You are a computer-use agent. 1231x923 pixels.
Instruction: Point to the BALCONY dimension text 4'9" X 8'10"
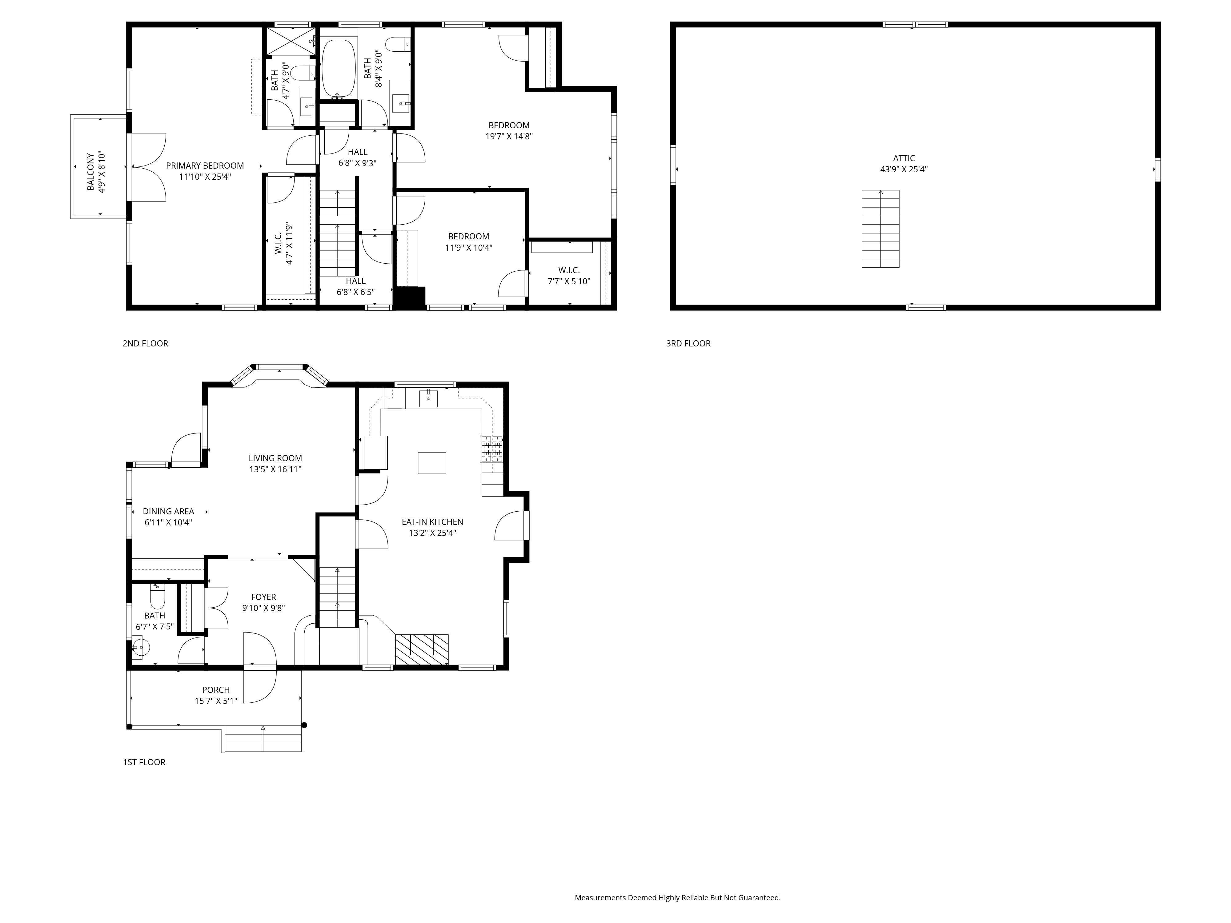coord(102,173)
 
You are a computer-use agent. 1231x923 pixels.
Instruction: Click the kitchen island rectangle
coord(432,463)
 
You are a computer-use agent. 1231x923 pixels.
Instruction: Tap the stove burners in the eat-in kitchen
coord(491,449)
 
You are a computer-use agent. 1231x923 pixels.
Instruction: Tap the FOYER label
coord(263,597)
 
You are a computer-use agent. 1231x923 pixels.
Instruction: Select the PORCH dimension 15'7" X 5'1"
coord(216,701)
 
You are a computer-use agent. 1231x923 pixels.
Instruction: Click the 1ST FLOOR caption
coord(144,762)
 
